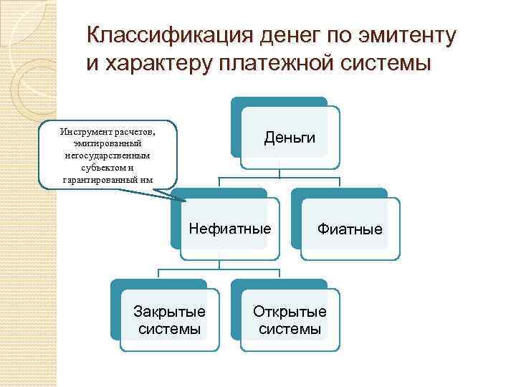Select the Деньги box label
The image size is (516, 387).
[290, 137]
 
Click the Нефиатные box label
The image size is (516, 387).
[230, 229]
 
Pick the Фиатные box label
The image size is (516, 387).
[350, 229]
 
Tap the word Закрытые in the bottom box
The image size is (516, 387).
[170, 312]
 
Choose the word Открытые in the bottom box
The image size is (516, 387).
[290, 312]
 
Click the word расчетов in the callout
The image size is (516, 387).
[136, 132]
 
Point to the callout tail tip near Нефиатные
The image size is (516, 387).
[183, 198]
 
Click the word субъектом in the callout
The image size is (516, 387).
[103, 166]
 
